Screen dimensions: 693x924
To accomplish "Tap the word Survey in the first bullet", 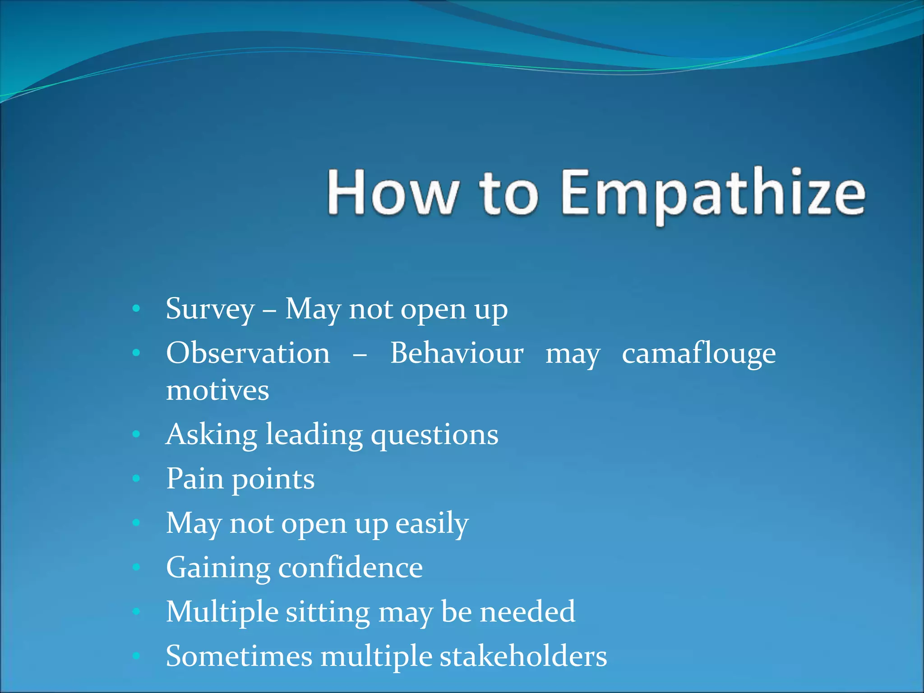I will pos(210,310).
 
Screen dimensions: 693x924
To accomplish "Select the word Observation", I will pos(248,353).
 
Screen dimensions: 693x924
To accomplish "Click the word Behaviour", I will pos(457,353).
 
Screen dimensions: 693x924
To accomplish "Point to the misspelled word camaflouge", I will pos(698,354).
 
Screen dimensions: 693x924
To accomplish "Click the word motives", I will pos(217,391).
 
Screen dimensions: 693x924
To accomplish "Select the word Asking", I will pos(211,435).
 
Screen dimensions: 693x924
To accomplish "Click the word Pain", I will pos(195,478).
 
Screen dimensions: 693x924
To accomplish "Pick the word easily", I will pos(432,523).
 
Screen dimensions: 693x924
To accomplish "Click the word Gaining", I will pos(217,568).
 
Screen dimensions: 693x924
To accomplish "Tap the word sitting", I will pos(328,612).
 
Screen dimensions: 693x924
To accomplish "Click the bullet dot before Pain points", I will pos(136,478).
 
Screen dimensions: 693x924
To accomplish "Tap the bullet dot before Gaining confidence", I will pos(136,567).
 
